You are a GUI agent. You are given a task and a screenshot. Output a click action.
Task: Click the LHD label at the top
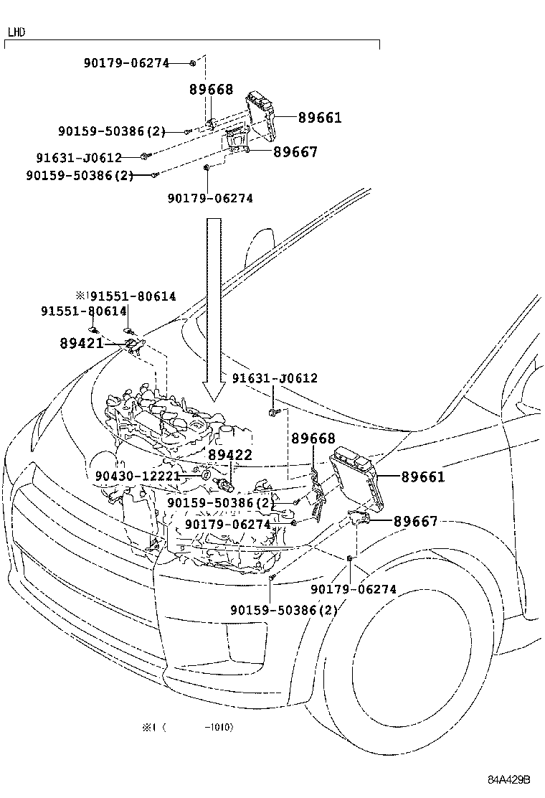point(16,32)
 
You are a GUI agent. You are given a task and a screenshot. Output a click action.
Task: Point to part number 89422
point(230,455)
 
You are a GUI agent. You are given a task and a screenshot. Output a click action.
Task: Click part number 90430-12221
point(137,476)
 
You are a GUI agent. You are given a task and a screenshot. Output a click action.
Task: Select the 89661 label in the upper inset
point(320,118)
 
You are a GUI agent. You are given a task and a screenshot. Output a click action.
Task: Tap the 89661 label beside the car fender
point(422,477)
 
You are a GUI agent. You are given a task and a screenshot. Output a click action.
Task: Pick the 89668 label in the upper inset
point(212,90)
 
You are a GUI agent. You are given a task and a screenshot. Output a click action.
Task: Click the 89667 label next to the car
point(415,522)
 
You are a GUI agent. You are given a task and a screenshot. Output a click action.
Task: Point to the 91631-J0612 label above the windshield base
point(275,378)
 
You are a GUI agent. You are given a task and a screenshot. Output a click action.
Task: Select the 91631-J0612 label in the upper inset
point(79,157)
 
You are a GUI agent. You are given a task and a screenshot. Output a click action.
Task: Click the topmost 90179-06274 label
point(127,63)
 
